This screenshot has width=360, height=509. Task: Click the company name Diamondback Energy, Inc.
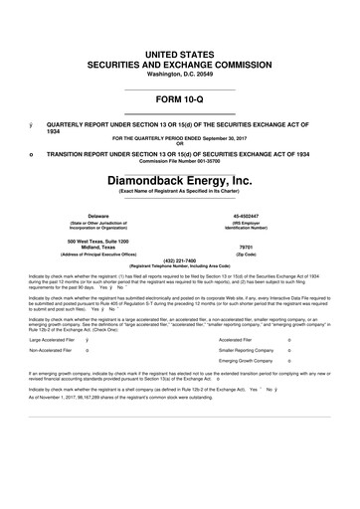pos(179,182)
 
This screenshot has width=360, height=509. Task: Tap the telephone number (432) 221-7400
pos(179,260)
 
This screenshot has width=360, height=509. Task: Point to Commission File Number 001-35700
pos(179,162)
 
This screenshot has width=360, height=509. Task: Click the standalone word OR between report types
pos(179,144)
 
